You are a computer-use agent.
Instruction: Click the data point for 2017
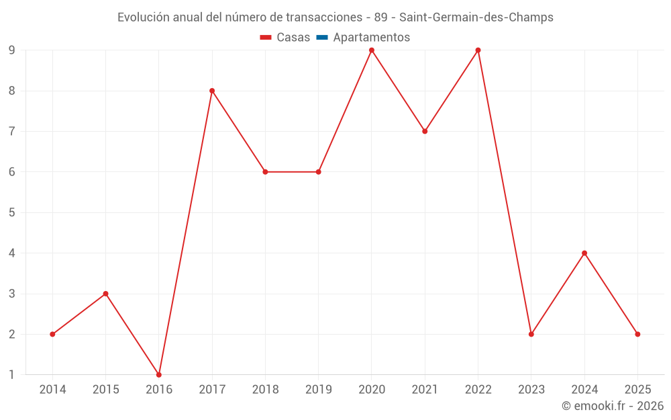(212, 91)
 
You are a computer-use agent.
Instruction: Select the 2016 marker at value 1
(159, 374)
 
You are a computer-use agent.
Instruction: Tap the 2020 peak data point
(372, 50)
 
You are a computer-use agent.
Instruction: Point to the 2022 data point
(478, 50)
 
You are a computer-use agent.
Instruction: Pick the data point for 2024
(584, 253)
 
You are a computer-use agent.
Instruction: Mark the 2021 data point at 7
(425, 131)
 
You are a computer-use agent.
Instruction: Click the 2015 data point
(105, 294)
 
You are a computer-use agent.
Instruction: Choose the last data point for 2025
(637, 334)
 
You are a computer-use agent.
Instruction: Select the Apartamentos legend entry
(371, 38)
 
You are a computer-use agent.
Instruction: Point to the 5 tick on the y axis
(12, 212)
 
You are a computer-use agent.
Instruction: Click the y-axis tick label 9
(12, 50)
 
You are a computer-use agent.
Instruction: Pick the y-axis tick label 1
(12, 374)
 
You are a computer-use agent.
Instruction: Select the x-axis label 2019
(318, 389)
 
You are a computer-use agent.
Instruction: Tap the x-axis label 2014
(52, 389)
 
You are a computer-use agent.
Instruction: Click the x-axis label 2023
(531, 389)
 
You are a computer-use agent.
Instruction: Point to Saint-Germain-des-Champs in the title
(476, 17)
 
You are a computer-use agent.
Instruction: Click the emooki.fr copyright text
(613, 406)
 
